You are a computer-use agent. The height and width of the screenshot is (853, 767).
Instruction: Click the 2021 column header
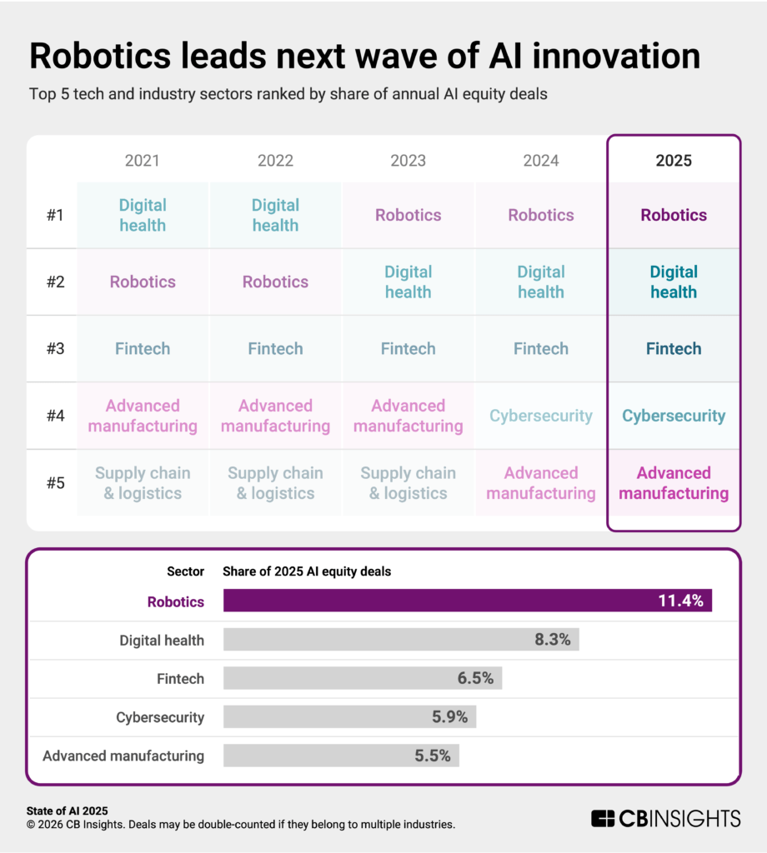pyautogui.click(x=142, y=160)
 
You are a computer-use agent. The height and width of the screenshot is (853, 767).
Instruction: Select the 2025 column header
pyautogui.click(x=674, y=160)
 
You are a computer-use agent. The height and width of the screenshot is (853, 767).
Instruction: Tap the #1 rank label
pyautogui.click(x=55, y=215)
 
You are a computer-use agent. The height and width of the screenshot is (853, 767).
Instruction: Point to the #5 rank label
pyautogui.click(x=55, y=483)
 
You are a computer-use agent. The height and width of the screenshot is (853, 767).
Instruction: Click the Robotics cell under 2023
pyautogui.click(x=408, y=215)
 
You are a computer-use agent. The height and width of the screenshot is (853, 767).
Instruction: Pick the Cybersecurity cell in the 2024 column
pyautogui.click(x=541, y=416)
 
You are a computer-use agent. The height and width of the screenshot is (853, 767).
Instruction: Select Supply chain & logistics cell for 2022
pyautogui.click(x=275, y=483)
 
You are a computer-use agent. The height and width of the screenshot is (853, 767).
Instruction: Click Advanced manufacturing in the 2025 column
pyautogui.click(x=674, y=483)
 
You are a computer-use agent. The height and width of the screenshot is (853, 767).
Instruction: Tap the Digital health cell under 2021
pyautogui.click(x=143, y=215)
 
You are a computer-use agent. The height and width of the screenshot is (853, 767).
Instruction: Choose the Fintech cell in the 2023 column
pyautogui.click(x=408, y=349)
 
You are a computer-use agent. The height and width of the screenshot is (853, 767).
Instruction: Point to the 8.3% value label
pyautogui.click(x=552, y=640)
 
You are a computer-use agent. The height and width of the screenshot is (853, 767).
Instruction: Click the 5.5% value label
pyautogui.click(x=432, y=756)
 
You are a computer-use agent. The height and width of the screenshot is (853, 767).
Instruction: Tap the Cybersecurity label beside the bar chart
pyautogui.click(x=160, y=716)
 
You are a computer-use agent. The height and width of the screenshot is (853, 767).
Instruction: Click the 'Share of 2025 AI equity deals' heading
pyautogui.click(x=307, y=571)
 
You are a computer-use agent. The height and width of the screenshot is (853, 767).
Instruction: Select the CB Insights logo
pyautogui.click(x=665, y=818)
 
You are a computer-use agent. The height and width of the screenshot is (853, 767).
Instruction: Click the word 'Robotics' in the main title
pyautogui.click(x=112, y=56)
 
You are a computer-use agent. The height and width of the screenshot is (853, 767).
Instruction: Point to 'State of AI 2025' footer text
pyautogui.click(x=68, y=811)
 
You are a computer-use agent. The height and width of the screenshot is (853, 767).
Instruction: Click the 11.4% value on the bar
pyautogui.click(x=681, y=601)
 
